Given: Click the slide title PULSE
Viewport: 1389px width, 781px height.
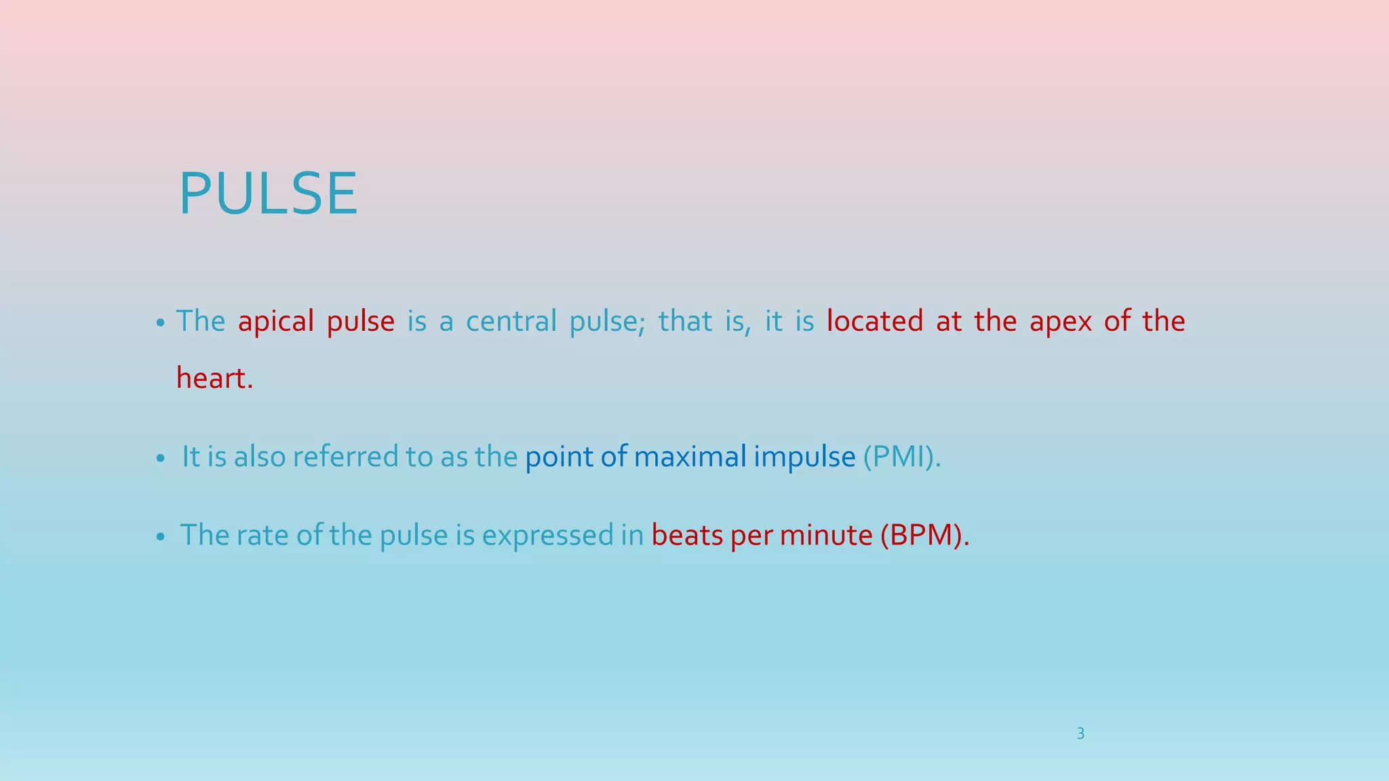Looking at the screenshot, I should tap(268, 195).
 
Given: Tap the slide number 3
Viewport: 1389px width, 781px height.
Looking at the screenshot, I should tap(1080, 734).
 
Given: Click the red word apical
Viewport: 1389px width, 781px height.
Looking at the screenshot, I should tap(275, 321).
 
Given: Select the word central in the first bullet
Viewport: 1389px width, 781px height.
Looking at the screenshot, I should tap(511, 321).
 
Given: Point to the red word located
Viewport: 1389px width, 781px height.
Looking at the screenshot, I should tap(874, 321).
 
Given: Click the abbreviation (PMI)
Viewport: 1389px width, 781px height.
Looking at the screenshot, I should tap(901, 457).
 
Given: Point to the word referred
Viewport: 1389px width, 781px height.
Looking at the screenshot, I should tap(345, 457).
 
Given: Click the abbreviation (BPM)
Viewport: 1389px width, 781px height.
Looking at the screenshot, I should tap(924, 536).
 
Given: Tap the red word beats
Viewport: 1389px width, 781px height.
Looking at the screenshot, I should tap(687, 536).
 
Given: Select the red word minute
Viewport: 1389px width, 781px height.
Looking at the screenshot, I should tap(825, 536).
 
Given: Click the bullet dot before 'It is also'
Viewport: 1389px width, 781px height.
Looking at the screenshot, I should tap(160, 460).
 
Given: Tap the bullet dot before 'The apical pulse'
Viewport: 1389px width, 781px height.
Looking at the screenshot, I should tap(160, 323).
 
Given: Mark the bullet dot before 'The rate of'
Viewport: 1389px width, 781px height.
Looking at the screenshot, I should tap(160, 538).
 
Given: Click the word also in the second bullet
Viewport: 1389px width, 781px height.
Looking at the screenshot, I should tap(260, 457).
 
